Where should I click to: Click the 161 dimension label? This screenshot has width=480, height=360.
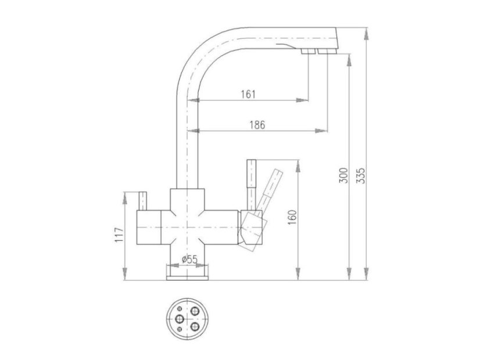point(248,94)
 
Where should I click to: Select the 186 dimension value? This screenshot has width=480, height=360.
point(257,125)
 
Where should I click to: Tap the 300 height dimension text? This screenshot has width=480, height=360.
point(344,175)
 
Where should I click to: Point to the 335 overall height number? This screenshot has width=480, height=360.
point(361,175)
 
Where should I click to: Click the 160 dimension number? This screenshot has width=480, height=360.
point(293,217)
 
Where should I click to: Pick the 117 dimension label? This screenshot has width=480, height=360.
point(119,235)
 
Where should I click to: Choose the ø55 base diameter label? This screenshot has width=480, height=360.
point(189,260)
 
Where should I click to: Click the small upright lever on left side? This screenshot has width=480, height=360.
point(142,201)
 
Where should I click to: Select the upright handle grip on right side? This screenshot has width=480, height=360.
point(251,174)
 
